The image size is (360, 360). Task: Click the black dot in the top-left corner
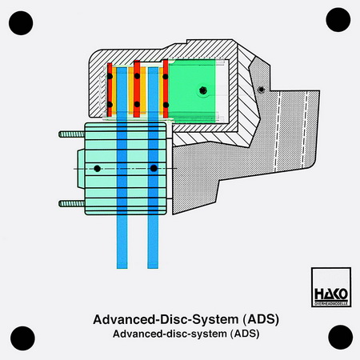point(21,23)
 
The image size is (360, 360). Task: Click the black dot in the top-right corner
point(338,20)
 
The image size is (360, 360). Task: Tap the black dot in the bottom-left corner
point(22,338)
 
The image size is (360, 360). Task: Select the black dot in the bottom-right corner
point(341,337)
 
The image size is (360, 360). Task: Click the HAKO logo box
point(331,287)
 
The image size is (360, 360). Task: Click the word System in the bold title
point(215,319)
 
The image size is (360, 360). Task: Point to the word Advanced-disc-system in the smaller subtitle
point(170,334)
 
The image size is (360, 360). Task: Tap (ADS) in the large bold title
point(261,319)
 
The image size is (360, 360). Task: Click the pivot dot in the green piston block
point(203,90)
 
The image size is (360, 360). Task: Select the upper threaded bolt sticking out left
point(72,134)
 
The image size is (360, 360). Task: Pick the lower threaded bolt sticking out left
point(72,204)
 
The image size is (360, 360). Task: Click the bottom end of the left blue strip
point(122,268)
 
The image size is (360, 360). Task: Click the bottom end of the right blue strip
point(153,268)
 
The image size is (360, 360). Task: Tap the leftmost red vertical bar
point(110,90)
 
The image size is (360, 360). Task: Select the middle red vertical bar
point(137,89)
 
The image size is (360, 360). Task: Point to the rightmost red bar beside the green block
point(166,89)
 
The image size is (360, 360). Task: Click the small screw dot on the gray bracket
point(262,90)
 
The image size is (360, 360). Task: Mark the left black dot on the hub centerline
point(98,169)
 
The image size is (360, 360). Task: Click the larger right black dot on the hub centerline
point(154,168)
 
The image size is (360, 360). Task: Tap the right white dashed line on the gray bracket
point(305,130)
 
